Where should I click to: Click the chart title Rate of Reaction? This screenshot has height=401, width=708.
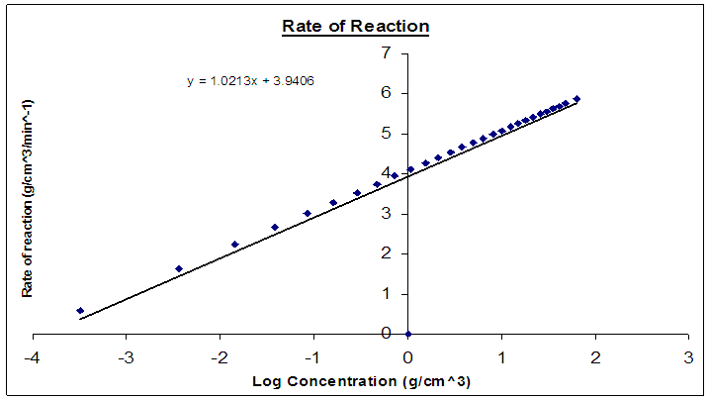pyautogui.click(x=355, y=26)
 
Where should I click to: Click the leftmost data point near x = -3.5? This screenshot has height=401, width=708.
pyautogui.click(x=80, y=311)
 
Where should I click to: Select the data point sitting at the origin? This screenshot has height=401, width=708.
pyautogui.click(x=407, y=334)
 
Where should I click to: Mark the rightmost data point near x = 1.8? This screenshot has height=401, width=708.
pyautogui.click(x=576, y=99)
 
